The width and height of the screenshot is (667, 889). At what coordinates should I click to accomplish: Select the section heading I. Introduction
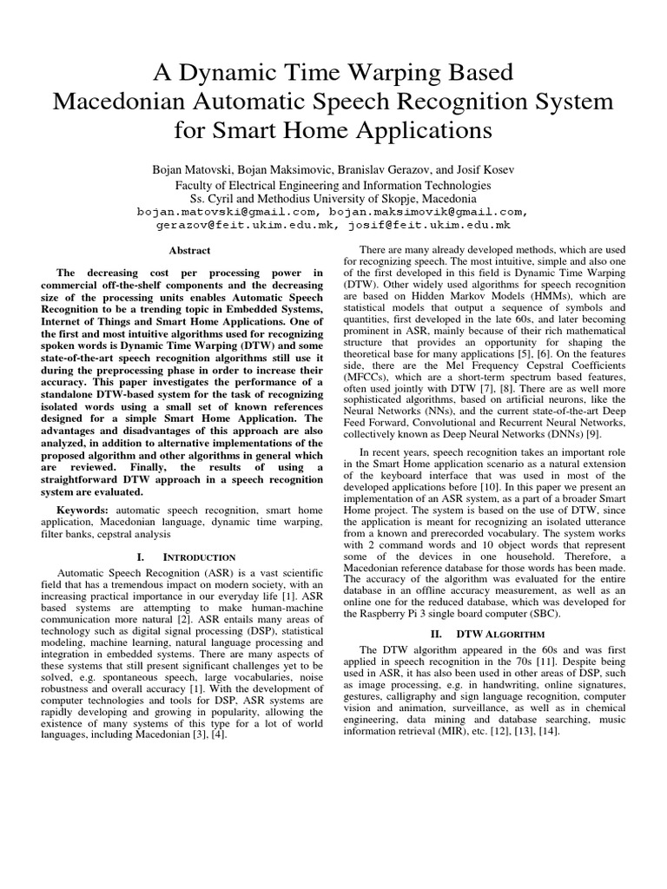pos(188,556)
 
